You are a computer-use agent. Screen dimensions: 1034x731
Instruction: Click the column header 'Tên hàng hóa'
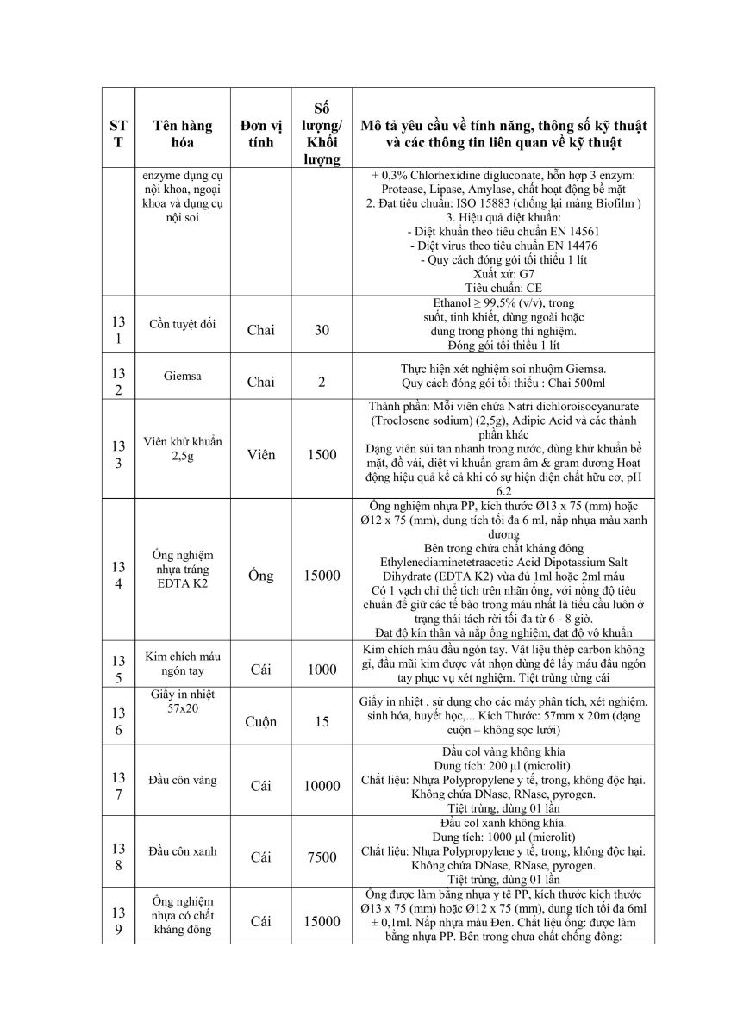point(182,134)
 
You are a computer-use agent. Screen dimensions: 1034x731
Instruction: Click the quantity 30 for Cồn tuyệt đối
point(322,329)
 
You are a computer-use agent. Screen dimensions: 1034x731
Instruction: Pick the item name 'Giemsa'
point(182,377)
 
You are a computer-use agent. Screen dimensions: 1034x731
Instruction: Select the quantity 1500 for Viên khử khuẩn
point(322,454)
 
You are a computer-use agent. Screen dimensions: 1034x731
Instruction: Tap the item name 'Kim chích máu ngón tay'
point(182,663)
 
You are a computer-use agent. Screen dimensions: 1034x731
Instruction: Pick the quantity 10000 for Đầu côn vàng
point(322,786)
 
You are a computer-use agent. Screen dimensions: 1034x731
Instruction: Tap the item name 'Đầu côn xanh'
point(182,851)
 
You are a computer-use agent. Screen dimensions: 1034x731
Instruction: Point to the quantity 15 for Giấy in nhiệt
point(322,721)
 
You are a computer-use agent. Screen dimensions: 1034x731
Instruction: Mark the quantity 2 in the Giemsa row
point(322,383)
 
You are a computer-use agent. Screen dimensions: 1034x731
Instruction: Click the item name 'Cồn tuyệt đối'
point(182,323)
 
